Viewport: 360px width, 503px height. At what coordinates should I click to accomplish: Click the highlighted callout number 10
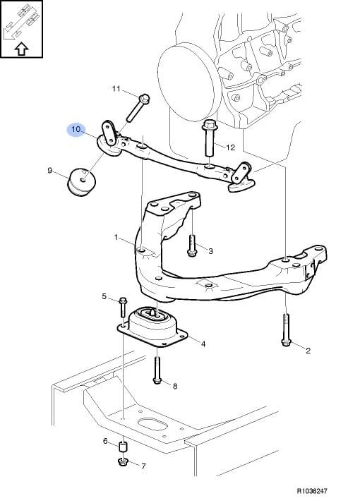pos(76,130)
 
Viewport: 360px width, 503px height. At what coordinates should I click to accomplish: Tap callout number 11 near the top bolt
pos(116,89)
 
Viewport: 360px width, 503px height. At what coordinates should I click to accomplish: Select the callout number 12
pos(230,147)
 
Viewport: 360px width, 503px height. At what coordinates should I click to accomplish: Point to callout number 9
pos(49,170)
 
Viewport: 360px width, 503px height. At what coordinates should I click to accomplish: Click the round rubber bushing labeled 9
pos(81,182)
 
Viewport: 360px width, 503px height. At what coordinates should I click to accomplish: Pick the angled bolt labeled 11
pos(138,107)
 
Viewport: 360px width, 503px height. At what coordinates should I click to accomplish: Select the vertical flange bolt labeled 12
pos(210,138)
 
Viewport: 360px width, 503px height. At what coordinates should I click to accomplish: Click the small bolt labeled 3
pos(191,246)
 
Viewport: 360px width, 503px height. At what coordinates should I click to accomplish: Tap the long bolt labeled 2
pos(286,329)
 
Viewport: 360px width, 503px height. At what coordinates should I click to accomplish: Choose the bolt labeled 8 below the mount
pos(157,370)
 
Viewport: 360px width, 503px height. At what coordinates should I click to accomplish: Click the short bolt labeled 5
pos(123,308)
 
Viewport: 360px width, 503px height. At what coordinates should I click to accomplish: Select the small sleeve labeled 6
pos(124,447)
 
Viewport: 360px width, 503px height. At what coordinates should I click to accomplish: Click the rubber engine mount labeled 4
pos(152,327)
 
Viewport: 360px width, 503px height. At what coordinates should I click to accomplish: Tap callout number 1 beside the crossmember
pos(116,237)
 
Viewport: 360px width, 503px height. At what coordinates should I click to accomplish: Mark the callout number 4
pos(203,344)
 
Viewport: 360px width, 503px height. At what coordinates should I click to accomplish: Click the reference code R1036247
pos(312,491)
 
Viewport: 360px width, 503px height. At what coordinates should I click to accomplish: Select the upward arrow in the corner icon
pos(21,49)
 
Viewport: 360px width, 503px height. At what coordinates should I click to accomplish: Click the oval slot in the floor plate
pos(152,424)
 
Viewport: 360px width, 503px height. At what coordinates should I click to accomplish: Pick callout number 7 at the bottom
pos(143,466)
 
